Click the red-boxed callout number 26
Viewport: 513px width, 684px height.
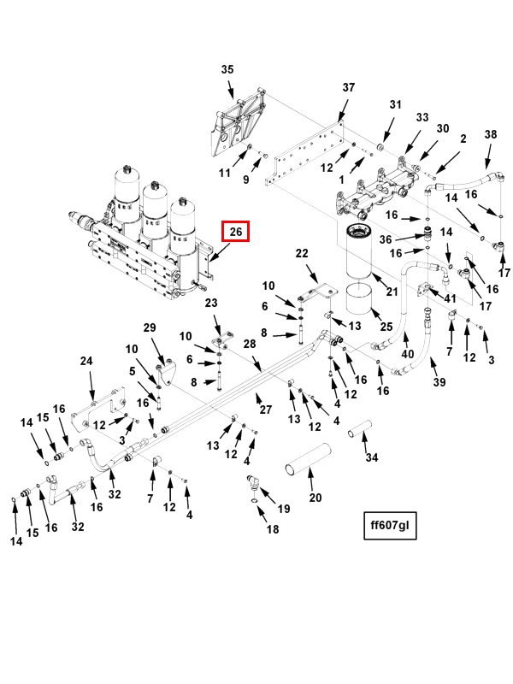coord(236,231)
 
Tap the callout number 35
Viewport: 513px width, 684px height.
coord(227,69)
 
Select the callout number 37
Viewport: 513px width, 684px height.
coord(348,88)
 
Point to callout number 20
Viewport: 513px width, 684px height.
coord(315,498)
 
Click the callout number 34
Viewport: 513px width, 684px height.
coord(370,457)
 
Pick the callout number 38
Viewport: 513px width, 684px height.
coord(490,135)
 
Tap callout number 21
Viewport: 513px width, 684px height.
coord(392,292)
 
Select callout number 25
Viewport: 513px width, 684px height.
coord(386,327)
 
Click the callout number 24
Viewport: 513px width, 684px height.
coord(86,362)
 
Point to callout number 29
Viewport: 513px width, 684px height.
coord(150,328)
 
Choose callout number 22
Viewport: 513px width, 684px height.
coord(301,253)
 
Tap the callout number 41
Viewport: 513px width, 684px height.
coord(450,298)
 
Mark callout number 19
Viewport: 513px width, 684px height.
coord(284,509)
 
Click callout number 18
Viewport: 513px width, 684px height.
coord(273,530)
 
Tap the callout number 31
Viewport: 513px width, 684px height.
coord(395,104)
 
